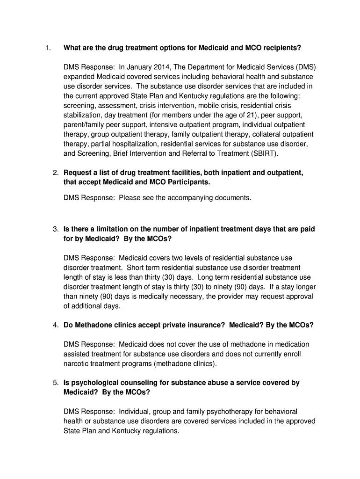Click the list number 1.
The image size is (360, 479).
point(47,48)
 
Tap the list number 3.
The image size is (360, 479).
point(55,229)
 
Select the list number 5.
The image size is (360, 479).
point(55,383)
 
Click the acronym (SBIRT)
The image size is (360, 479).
point(266,153)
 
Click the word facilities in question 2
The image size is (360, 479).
point(179,173)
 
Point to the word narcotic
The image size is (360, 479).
point(76,363)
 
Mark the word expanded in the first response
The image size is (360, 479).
point(79,77)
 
